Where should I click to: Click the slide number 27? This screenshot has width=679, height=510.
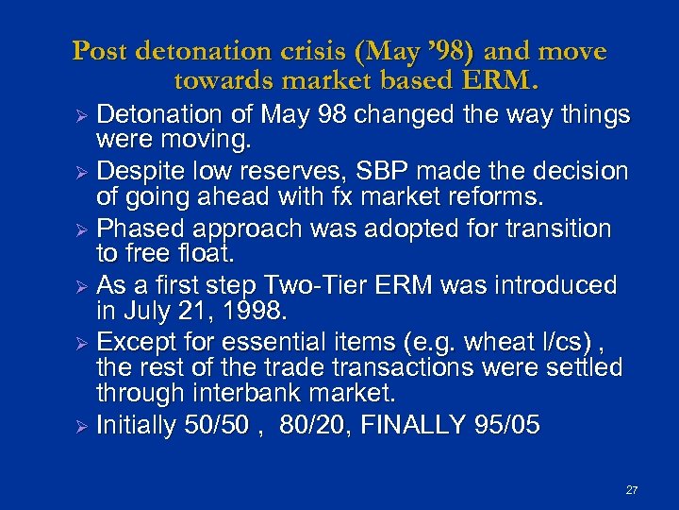click(x=632, y=490)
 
